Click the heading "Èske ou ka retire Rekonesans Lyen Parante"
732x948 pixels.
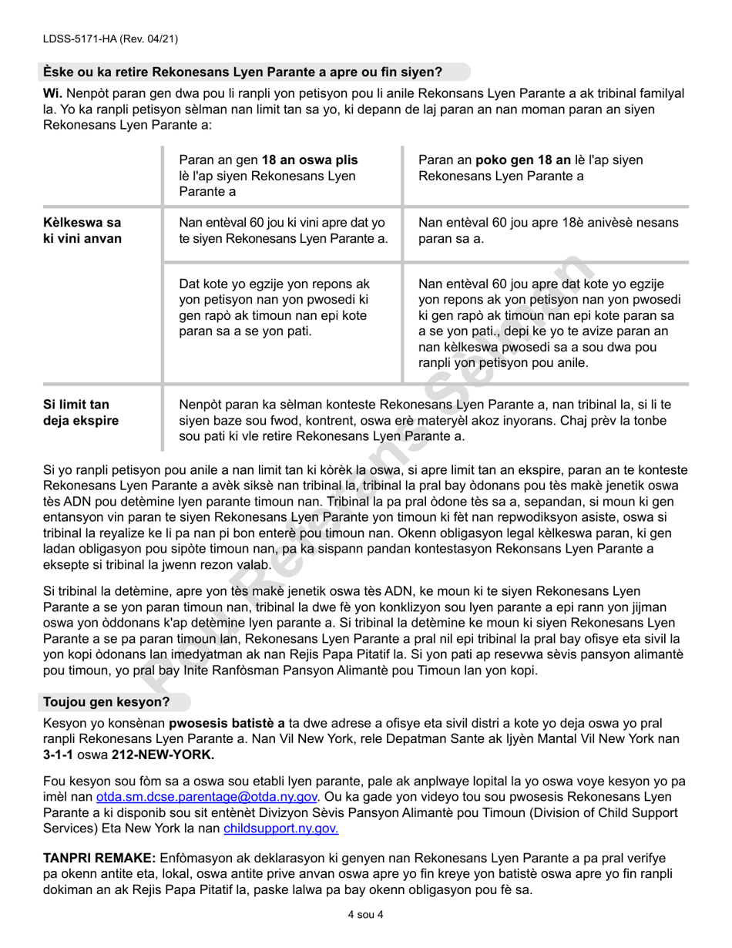pyautogui.click(x=242, y=72)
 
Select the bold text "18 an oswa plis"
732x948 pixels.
pyautogui.click(x=310, y=160)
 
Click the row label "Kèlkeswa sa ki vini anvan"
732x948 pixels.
pyautogui.click(x=82, y=230)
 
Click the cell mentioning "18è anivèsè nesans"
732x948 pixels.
pyautogui.click(x=548, y=230)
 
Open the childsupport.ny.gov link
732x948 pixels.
pyautogui.click(x=280, y=828)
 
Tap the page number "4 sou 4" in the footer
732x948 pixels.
pyautogui.click(x=365, y=916)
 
